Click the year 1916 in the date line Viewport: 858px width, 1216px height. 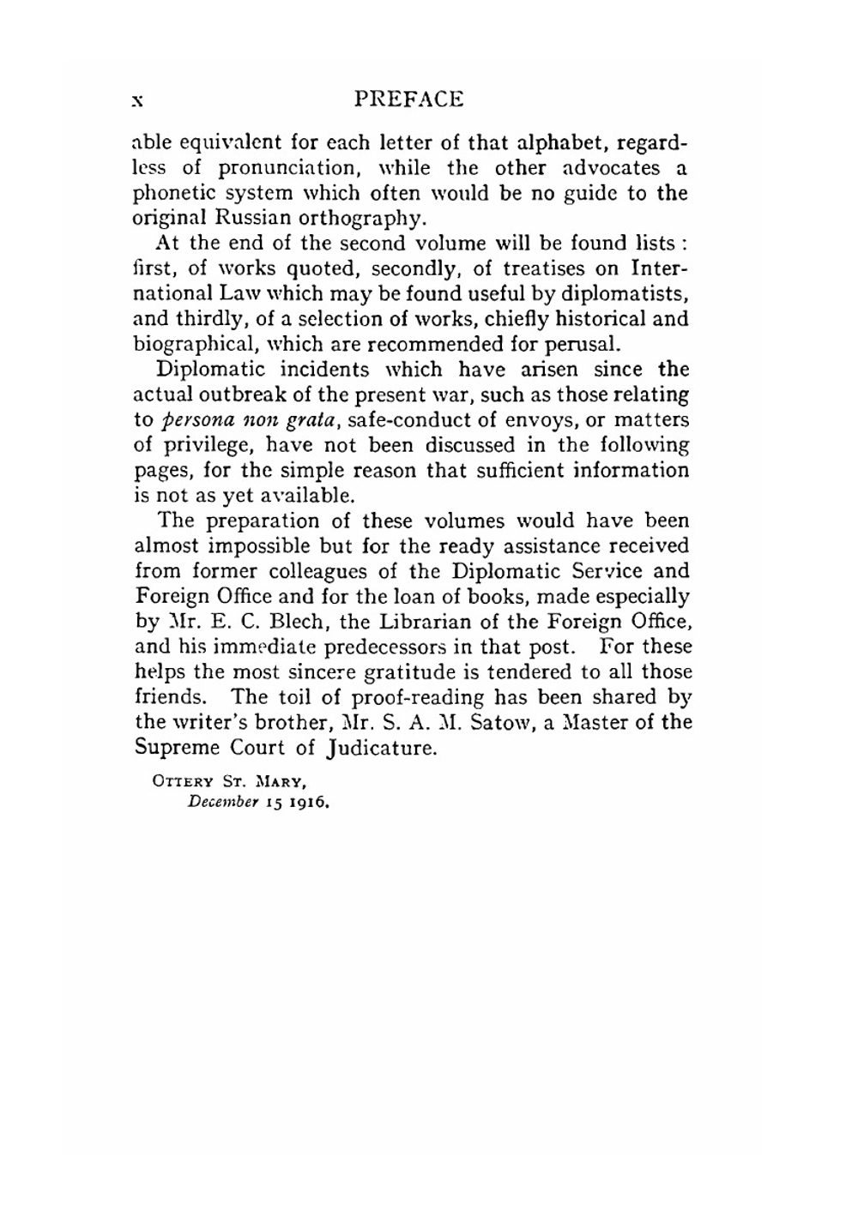(312, 805)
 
